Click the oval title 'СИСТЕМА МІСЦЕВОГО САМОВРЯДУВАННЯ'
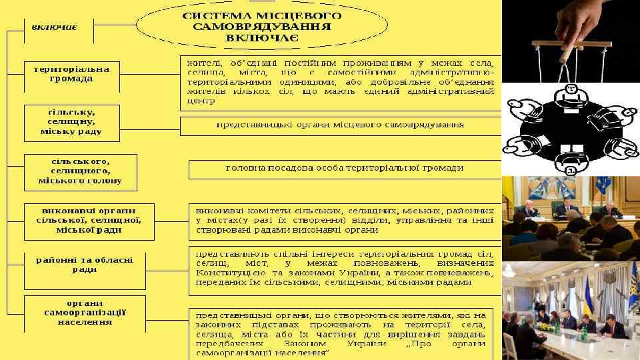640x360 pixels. (261, 25)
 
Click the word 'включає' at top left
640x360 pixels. (55, 27)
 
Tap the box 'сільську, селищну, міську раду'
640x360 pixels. (71, 123)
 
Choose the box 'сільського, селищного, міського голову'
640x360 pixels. (80, 171)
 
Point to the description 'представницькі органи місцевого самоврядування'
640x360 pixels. (340, 125)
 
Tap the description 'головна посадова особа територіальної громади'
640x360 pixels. (344, 169)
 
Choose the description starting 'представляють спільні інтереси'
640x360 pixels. (343, 271)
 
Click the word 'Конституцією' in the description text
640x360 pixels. (227, 273)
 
